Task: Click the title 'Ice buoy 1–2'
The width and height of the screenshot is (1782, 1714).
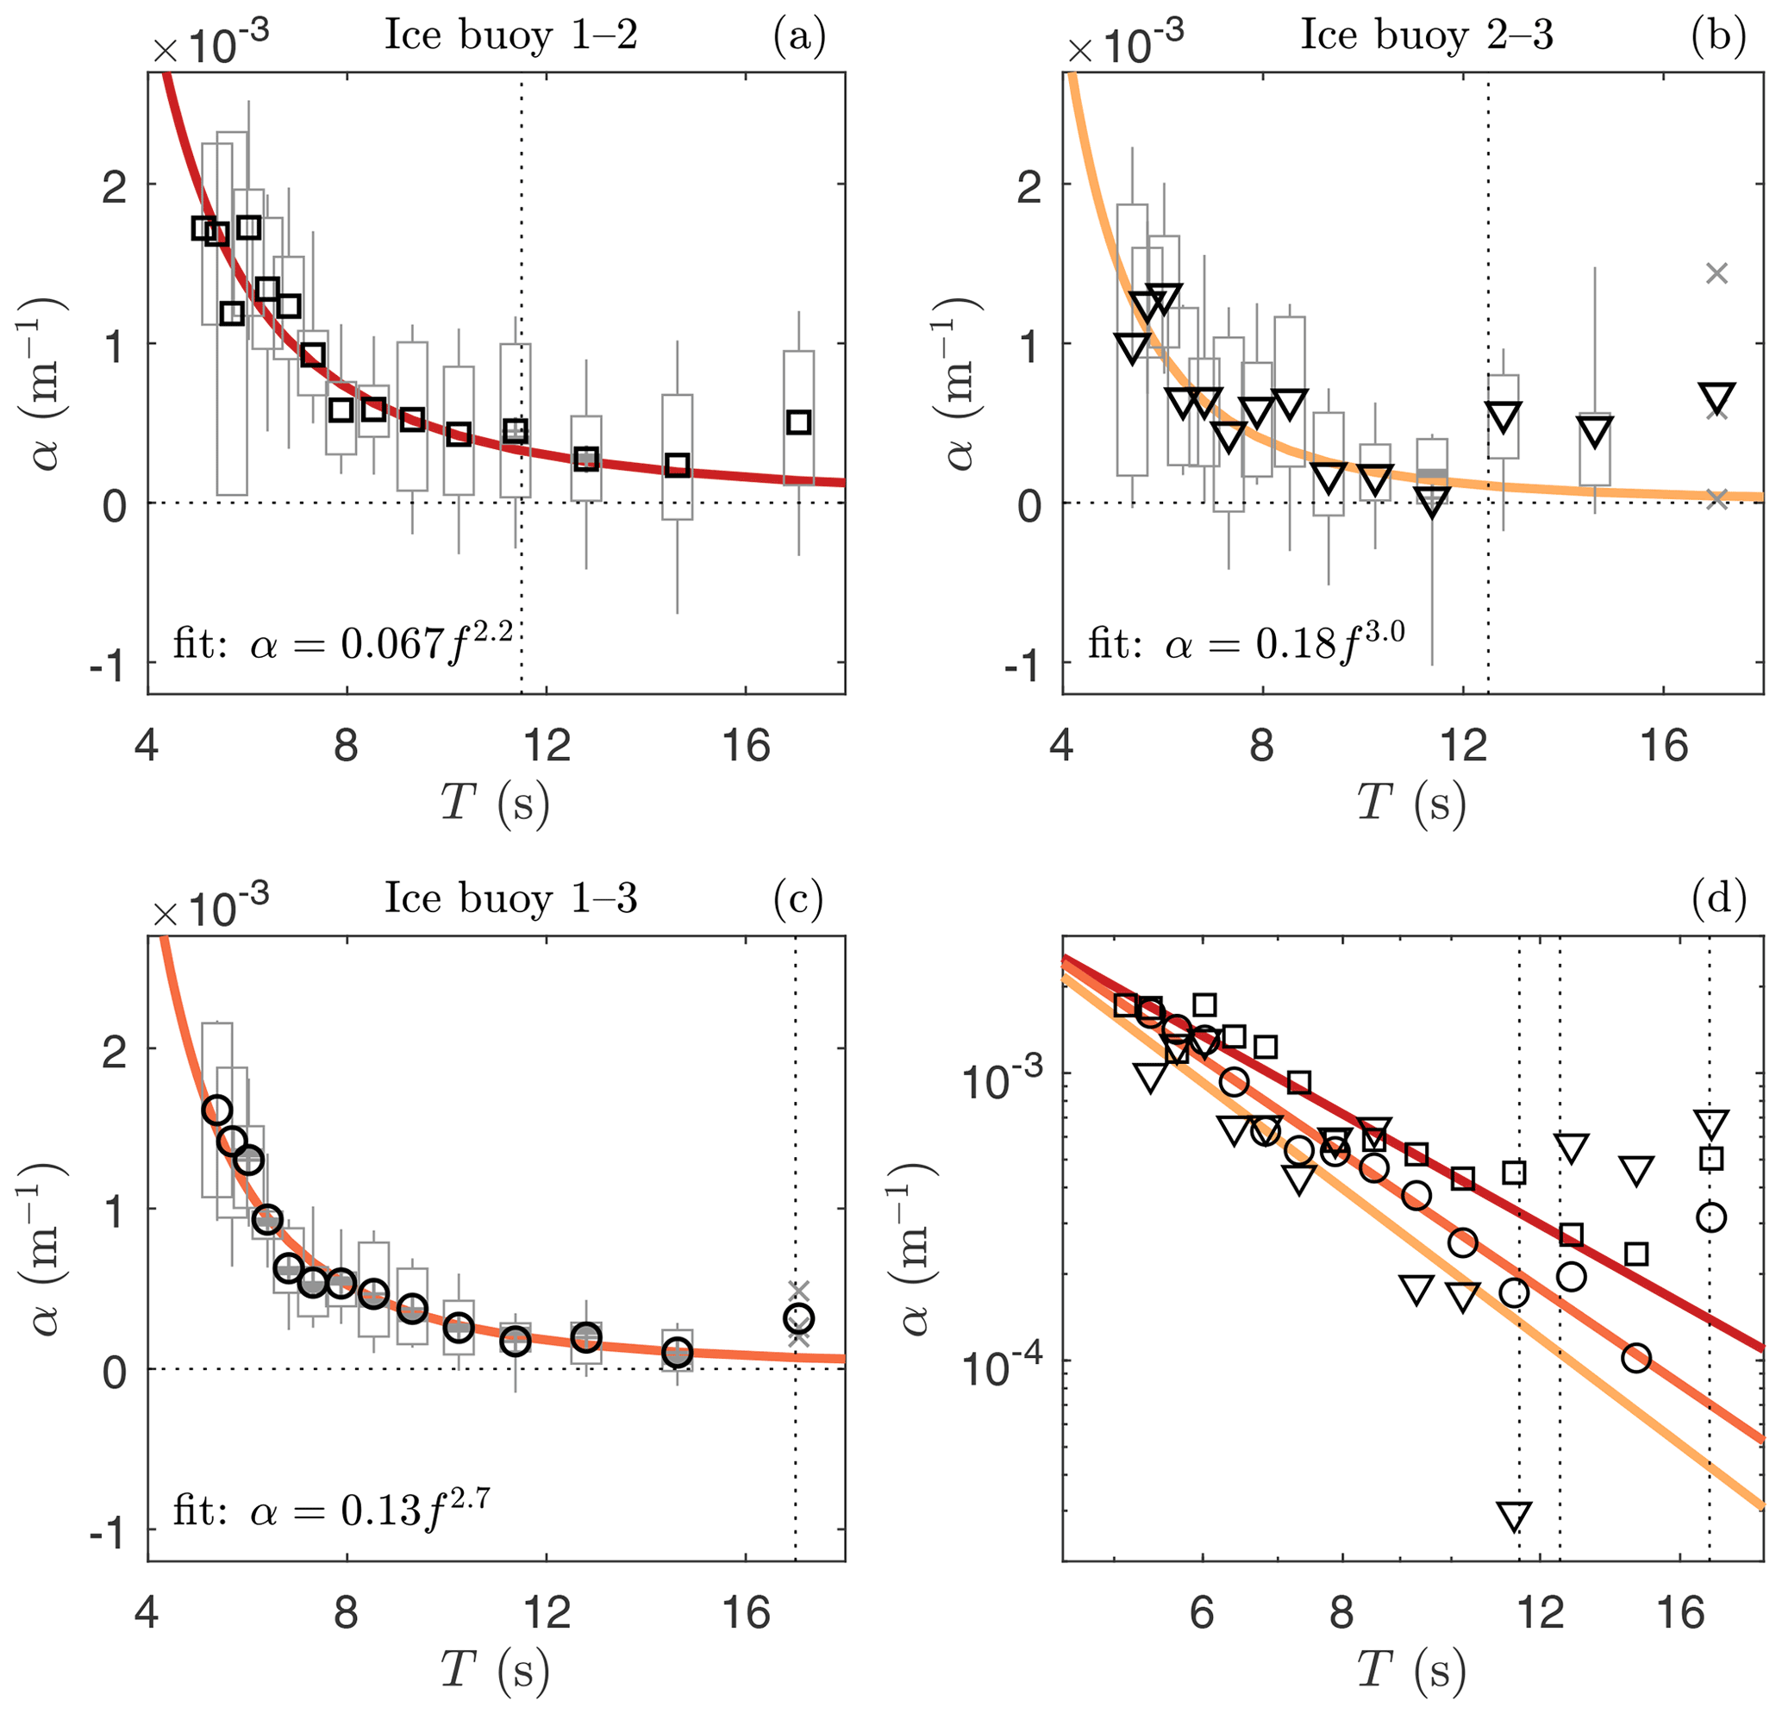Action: click(x=511, y=36)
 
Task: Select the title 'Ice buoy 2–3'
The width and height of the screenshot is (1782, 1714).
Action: click(x=1427, y=36)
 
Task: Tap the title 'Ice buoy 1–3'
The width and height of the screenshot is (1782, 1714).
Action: click(x=511, y=899)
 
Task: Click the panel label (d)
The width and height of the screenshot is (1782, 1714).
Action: click(x=1718, y=899)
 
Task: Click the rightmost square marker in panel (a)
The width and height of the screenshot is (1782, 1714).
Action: click(x=798, y=422)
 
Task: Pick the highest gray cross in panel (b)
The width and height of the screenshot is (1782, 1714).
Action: click(x=1716, y=272)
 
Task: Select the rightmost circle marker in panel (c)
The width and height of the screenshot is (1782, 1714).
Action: click(x=798, y=1317)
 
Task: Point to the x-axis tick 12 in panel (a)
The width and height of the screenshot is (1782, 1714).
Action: click(x=547, y=748)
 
